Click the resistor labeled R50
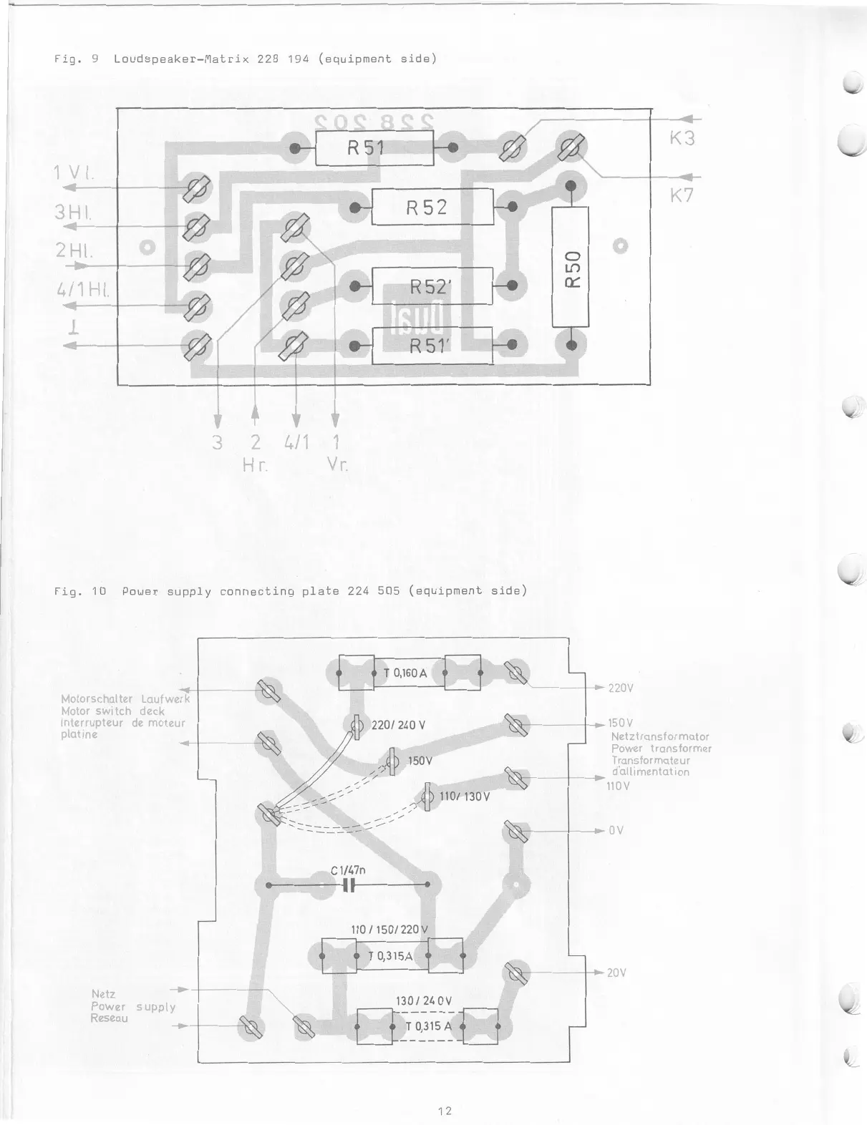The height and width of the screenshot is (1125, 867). pos(571,266)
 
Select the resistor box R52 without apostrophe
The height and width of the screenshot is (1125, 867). pos(432,207)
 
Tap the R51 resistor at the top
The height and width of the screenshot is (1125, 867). pos(374,148)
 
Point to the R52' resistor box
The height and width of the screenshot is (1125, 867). pos(432,286)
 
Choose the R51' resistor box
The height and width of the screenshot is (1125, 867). pos(432,345)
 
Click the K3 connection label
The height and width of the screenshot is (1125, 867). pos(682,139)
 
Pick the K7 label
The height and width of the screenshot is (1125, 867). pos(682,195)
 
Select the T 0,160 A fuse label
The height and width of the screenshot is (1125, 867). pos(405,673)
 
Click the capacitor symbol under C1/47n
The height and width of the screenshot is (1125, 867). pos(349,885)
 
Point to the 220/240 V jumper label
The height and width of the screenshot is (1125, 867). pos(398,725)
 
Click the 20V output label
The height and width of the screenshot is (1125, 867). pos(616,973)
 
